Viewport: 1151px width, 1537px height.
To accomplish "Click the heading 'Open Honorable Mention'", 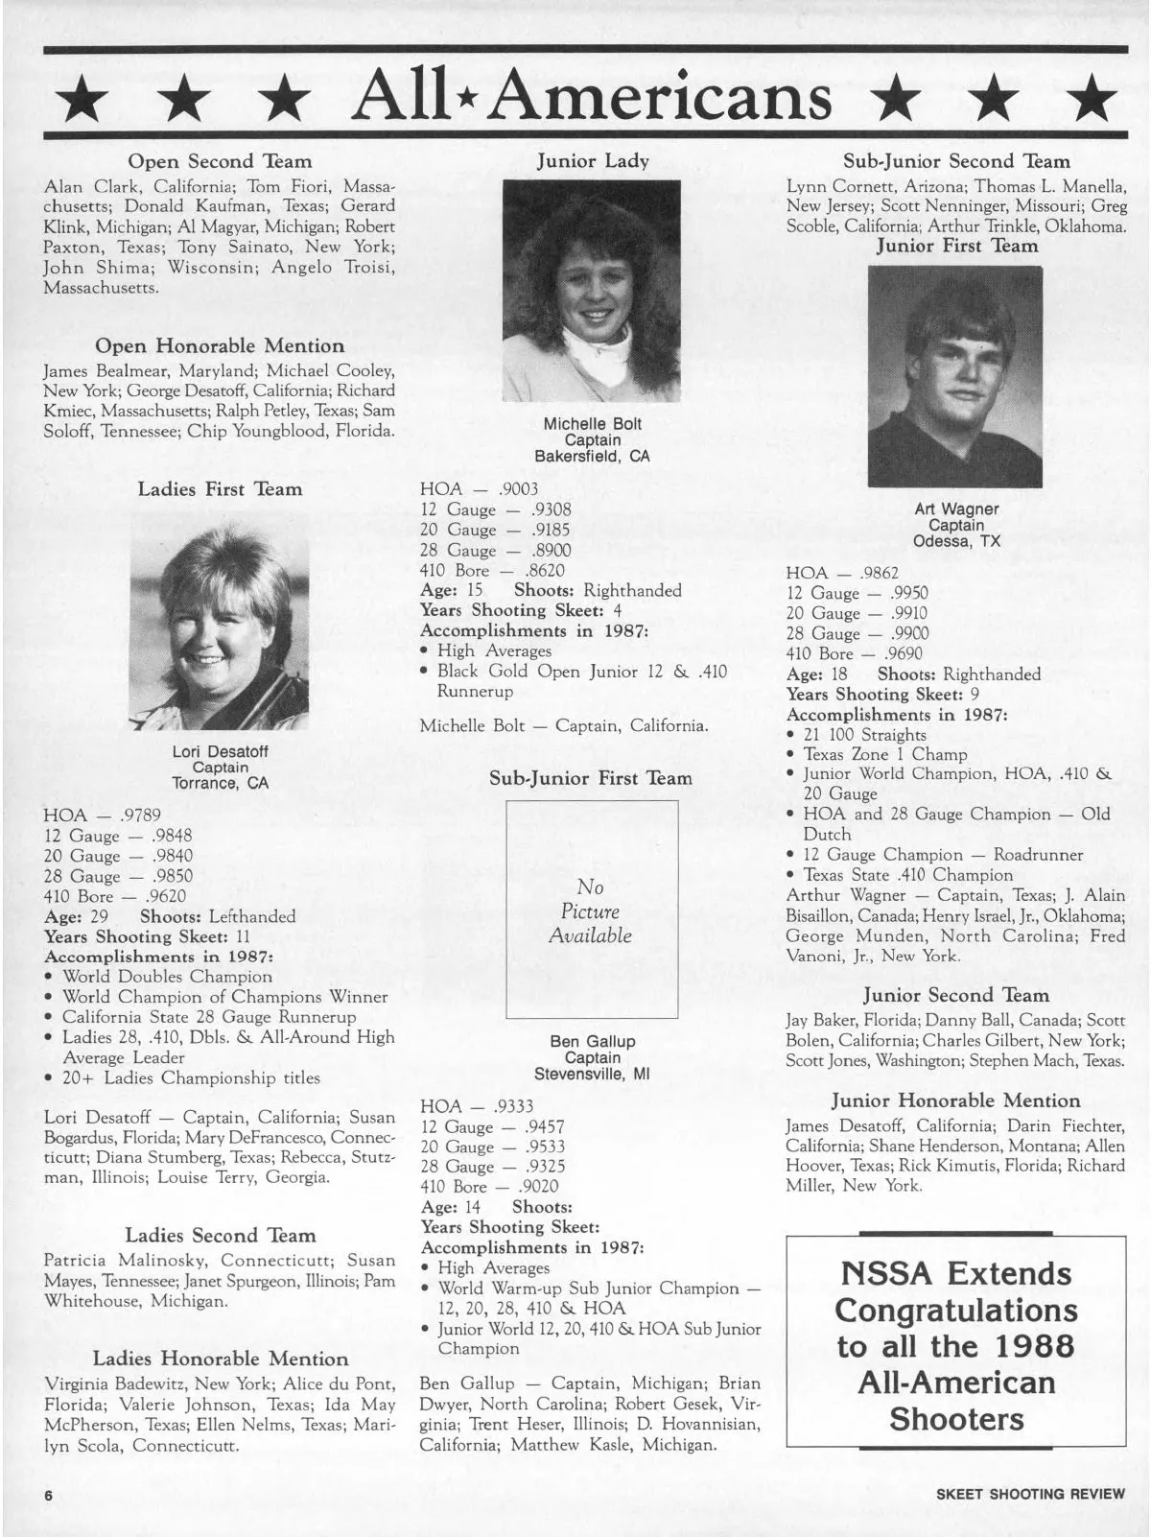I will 220,345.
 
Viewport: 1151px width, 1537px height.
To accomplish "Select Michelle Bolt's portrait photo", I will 591,291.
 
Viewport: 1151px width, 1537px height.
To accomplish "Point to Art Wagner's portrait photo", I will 954,376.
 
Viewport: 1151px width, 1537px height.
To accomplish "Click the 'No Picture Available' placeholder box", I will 591,910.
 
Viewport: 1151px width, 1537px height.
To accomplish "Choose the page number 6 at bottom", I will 45,1495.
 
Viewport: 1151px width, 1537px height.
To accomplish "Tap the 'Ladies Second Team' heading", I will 220,1235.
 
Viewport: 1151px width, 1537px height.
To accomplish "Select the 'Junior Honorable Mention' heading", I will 955,1100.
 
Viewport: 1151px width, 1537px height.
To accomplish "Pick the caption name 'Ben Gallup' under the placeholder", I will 592,1041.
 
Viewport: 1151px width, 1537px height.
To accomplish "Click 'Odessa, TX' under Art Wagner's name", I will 956,541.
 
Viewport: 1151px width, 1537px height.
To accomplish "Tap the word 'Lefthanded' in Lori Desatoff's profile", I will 252,916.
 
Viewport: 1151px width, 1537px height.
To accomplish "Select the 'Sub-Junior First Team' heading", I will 591,778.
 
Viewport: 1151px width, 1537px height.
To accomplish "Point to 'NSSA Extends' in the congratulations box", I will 956,1273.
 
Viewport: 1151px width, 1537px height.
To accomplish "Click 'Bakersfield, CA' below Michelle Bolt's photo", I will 592,457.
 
